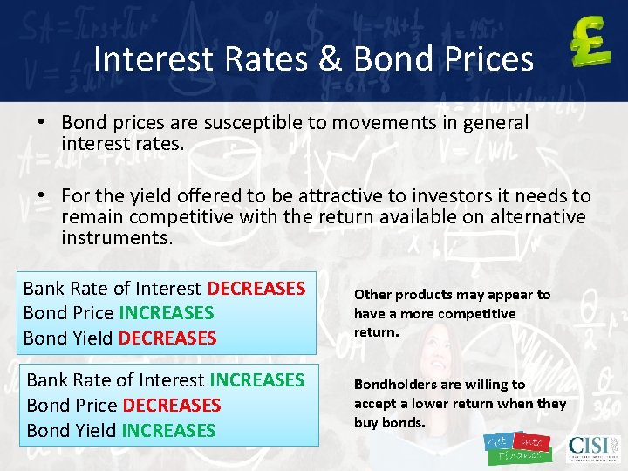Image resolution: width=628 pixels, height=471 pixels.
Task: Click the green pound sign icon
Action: pyautogui.click(x=590, y=44)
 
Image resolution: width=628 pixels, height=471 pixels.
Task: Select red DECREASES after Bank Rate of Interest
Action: pyautogui.click(x=256, y=288)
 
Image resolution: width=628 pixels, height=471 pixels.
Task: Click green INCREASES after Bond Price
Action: pyautogui.click(x=166, y=312)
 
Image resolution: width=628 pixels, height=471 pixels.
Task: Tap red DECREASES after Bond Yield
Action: pyautogui.click(x=167, y=338)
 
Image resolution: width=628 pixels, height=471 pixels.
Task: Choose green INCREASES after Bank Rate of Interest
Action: pyautogui.click(x=256, y=380)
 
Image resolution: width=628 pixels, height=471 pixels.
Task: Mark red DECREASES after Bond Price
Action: pyautogui.click(x=172, y=406)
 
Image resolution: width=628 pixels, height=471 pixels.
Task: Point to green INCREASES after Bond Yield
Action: pyautogui.click(x=168, y=430)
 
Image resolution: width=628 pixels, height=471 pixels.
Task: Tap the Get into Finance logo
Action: pyautogui.click(x=517, y=447)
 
